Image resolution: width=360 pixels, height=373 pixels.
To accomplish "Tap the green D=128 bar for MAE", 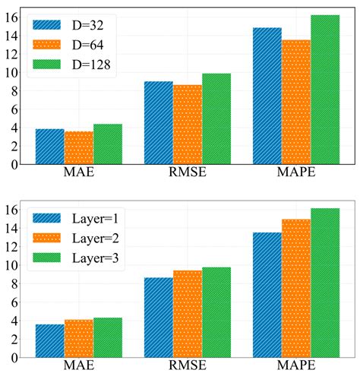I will [x=108, y=144].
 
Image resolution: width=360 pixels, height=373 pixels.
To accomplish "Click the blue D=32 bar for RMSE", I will [x=158, y=122].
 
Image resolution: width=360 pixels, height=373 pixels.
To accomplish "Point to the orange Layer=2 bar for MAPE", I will [x=295, y=288].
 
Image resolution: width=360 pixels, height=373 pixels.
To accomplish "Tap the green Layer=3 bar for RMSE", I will [x=216, y=311].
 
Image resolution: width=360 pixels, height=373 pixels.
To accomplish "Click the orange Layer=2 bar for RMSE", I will [x=188, y=313].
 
